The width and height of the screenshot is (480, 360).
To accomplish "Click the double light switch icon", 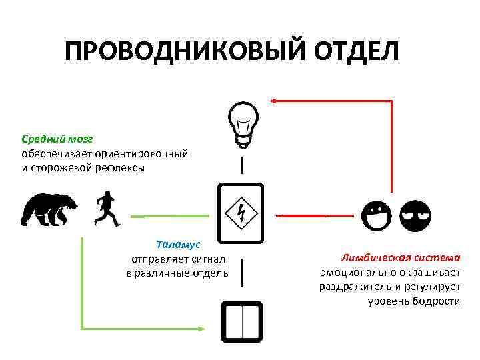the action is (241, 321).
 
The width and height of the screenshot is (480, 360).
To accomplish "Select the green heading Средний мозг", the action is (57, 139).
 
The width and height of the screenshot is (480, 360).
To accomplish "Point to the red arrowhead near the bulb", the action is (273, 101).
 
